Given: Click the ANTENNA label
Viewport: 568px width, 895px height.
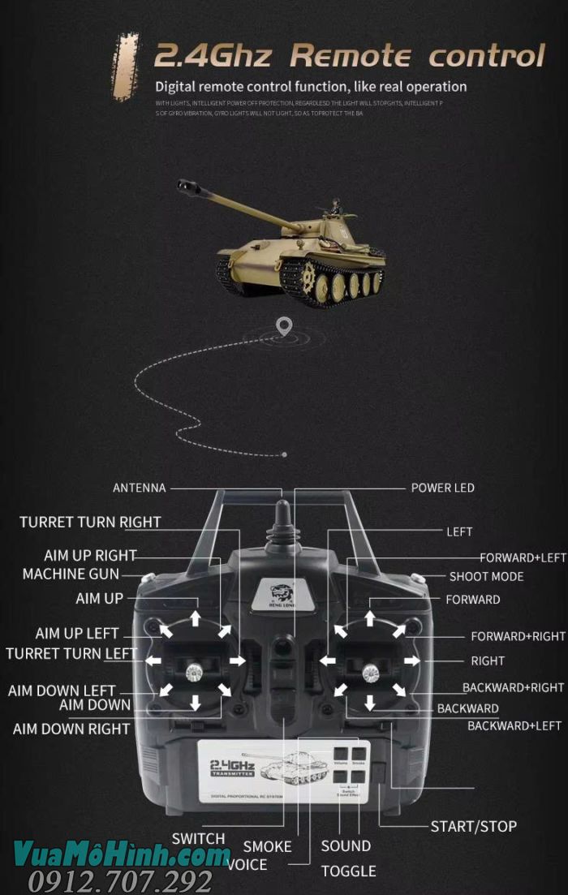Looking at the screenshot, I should coord(139,488).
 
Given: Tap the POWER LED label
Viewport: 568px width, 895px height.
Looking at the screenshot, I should coord(442,488).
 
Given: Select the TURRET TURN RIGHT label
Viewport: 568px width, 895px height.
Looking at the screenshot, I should coord(90,522).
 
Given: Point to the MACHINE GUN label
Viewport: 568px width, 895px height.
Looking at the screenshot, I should coord(71,574).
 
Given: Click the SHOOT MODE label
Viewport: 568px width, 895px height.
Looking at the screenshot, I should coord(486,576).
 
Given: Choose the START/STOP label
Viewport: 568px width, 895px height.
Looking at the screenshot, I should coord(473,827).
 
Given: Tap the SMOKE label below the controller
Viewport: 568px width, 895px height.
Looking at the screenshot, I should coord(267,846).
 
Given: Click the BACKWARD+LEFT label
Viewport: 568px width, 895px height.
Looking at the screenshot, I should coord(514,725).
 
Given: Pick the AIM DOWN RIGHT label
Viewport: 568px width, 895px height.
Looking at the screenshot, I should coord(71,729).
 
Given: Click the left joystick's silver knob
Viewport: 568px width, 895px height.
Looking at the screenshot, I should coord(195,670).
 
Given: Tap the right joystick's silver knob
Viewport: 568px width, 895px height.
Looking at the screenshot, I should coord(370,670).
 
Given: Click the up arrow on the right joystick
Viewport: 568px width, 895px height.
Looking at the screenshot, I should coord(370,618).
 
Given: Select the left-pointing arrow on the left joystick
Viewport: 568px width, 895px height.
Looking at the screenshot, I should coord(153,660).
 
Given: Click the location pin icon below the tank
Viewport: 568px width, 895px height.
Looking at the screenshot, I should coord(283,326).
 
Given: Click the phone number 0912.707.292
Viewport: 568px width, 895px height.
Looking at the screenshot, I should coord(120,881).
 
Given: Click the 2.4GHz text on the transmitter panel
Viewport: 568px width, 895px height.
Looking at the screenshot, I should coord(232,765).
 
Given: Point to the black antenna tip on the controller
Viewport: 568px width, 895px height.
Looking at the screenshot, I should coord(282,519).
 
